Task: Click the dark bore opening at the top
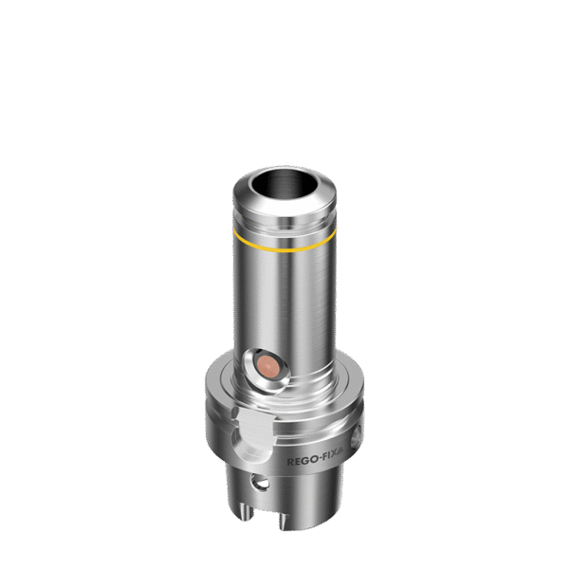pos(284,184)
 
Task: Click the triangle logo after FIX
pos(341,450)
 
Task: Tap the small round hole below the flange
pos(260,483)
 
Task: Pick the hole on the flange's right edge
pos(356,436)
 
